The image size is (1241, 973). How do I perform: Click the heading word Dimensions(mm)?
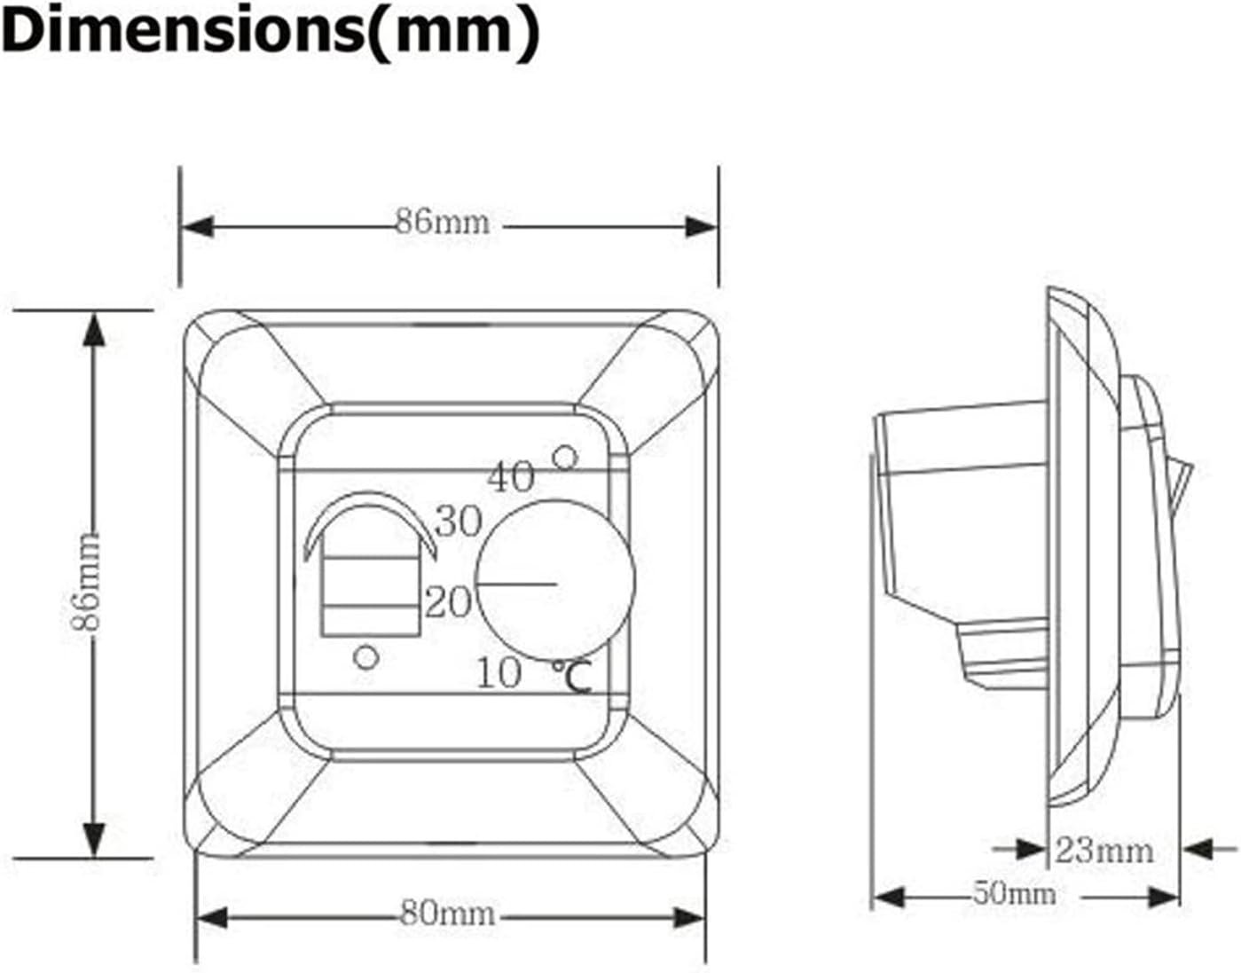271,32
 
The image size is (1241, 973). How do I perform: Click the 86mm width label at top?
442,221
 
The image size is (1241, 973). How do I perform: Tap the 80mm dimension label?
446,914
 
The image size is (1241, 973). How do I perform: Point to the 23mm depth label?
1104,851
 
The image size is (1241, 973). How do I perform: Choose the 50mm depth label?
1014,893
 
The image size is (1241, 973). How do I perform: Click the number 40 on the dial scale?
512,477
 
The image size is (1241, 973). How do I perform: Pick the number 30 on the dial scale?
459,522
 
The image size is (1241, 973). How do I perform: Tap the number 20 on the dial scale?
447,603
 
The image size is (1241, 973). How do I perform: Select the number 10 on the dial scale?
499,673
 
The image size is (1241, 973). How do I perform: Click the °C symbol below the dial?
572,679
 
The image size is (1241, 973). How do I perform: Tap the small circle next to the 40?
564,458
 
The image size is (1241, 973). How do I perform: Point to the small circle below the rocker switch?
366,657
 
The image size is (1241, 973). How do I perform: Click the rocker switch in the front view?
369,577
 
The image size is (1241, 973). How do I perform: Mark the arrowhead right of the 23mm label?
1198,850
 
